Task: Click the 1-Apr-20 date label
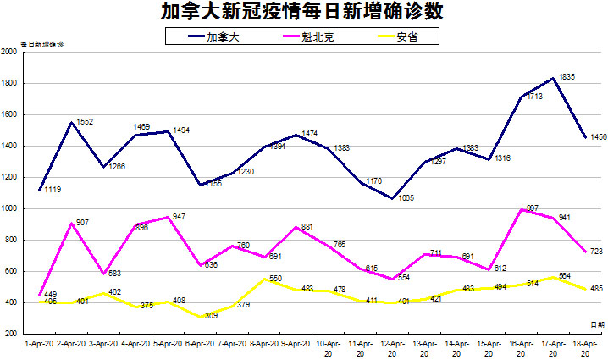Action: point(40,345)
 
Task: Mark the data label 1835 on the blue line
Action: point(567,77)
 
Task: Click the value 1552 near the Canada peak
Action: point(85,122)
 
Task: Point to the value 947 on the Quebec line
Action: point(178,216)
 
